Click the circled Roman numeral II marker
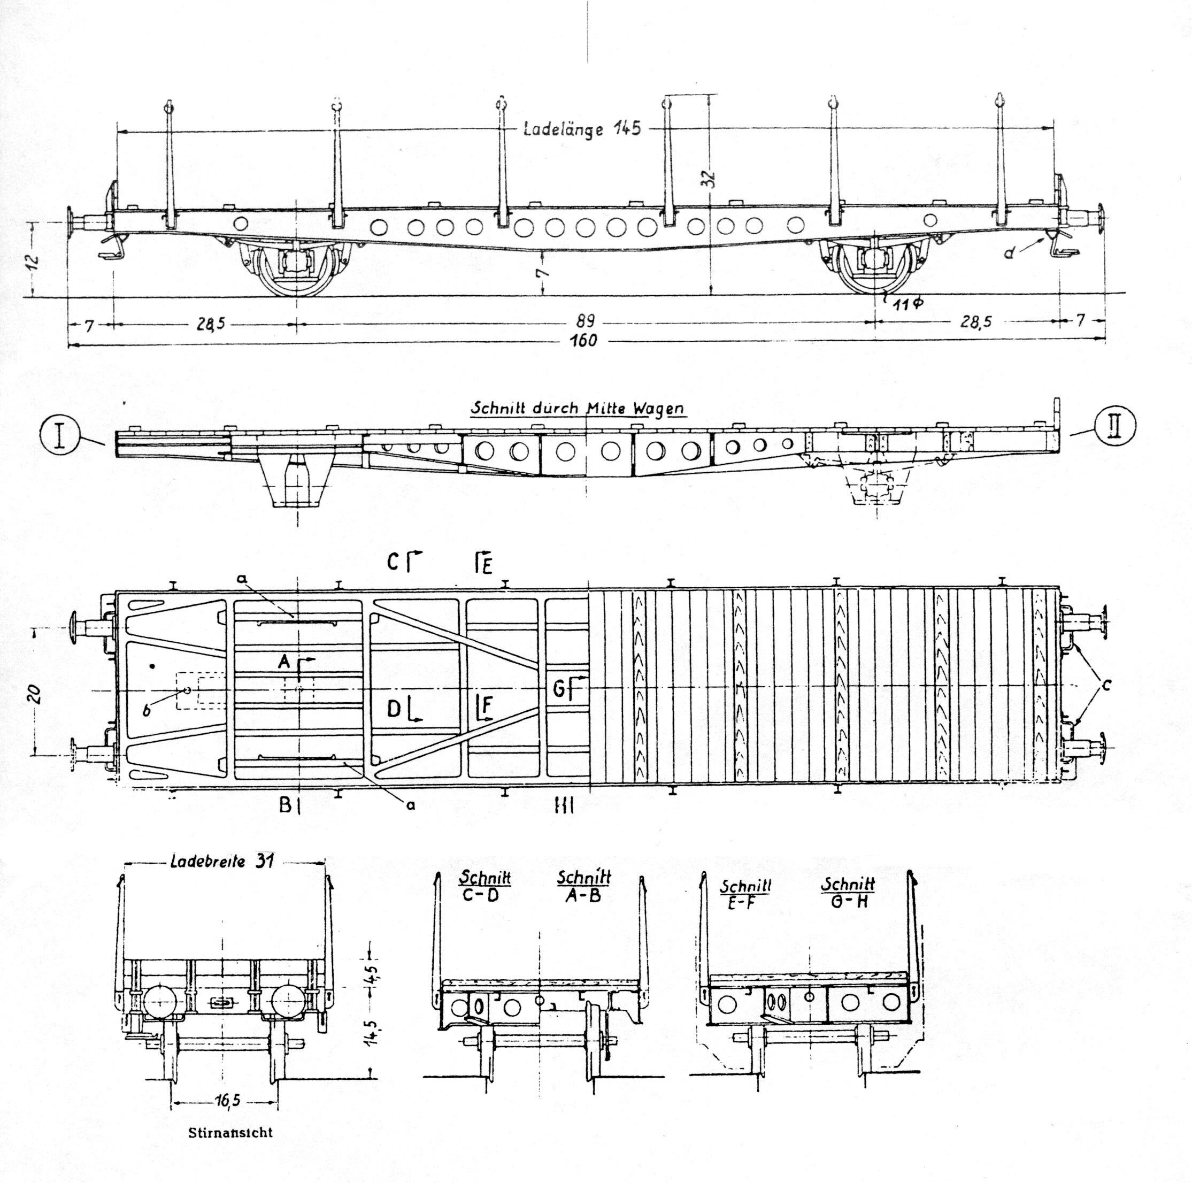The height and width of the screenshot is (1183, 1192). tap(1114, 426)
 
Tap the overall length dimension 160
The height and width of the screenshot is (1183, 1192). tap(583, 341)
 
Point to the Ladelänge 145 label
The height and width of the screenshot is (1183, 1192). tap(582, 128)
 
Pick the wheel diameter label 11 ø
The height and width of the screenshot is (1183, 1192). tap(908, 303)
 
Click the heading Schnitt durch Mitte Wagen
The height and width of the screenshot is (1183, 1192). tap(578, 408)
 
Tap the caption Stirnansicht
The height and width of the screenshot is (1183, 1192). tap(230, 1132)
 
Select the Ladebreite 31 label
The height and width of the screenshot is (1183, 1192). tap(222, 862)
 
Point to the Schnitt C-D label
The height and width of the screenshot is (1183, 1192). tap(485, 886)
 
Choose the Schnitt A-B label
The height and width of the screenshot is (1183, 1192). tap(583, 886)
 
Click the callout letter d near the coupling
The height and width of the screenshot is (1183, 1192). tap(1009, 252)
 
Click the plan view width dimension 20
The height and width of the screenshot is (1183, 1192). tap(35, 694)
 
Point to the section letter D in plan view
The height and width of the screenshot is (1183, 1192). tap(394, 709)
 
